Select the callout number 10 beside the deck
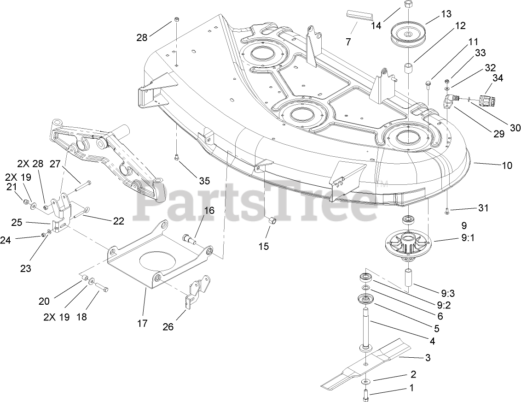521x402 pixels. [507, 165]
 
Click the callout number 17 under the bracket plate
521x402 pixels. [142, 323]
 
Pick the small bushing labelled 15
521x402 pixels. [272, 221]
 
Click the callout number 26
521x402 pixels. [168, 327]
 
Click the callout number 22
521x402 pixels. [118, 221]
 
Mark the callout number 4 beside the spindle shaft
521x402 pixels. [432, 341]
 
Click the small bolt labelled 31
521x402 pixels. [448, 211]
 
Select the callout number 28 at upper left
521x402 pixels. [142, 37]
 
